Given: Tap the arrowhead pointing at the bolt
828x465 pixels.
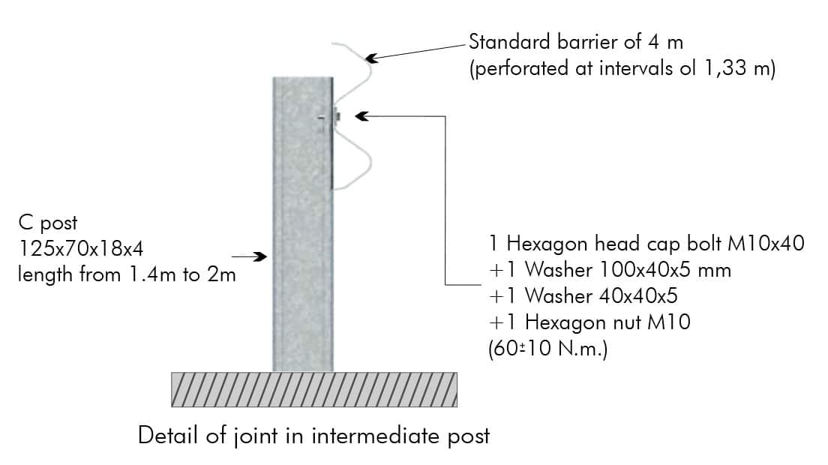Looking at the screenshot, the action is [361, 116].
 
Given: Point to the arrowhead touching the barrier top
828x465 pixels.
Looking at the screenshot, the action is [372, 58].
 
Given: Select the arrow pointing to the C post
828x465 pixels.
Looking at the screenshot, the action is [249, 257].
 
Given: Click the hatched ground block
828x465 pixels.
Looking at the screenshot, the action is [314, 389].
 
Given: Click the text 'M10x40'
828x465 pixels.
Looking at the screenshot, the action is [766, 244].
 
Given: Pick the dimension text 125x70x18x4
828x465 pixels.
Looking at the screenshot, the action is [81, 248].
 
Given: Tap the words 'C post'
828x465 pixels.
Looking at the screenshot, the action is [48, 223].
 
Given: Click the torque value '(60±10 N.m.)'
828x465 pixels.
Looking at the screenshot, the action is [548, 349].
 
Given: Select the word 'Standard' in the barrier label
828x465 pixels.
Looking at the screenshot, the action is [509, 42].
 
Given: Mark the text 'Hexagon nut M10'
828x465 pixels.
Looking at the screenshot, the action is [607, 322].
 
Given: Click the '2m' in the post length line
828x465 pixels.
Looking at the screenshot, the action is [221, 274].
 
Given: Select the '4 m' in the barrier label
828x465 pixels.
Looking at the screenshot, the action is [666, 42].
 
